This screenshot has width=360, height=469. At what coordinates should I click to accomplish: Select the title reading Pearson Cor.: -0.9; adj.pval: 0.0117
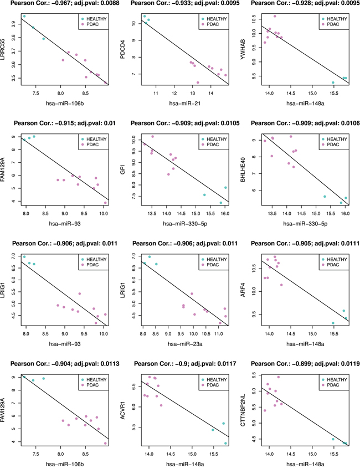pyautogui.click(x=180, y=364)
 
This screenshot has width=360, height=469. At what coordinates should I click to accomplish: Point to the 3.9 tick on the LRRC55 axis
pyautogui.click(x=15, y=24)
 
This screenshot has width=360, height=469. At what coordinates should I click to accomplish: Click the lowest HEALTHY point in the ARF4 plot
pyautogui.click(x=333, y=323)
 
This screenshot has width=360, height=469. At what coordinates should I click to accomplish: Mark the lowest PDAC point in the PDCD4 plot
pyautogui.click(x=198, y=83)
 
